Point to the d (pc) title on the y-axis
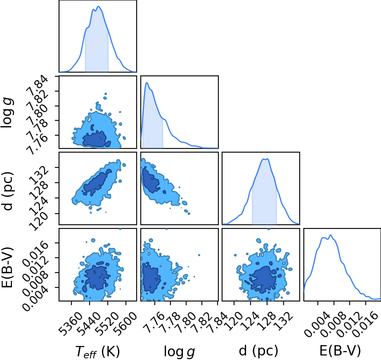point(7,191)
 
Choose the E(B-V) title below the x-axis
point(340,351)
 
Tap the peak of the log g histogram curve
point(147,83)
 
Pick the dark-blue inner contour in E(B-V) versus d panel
point(263,279)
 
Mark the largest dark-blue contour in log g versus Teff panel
point(97,139)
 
